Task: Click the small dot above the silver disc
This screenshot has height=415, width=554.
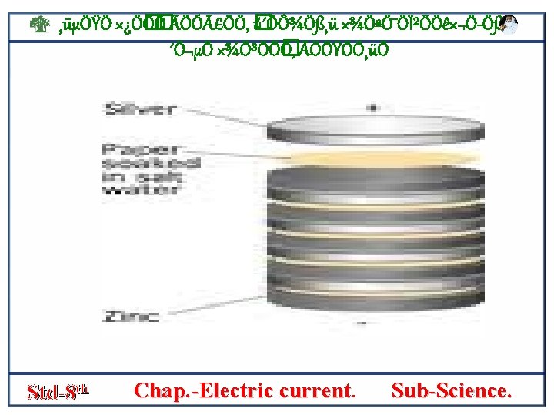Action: click(x=373, y=108)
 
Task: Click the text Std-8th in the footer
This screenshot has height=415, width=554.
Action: click(x=58, y=391)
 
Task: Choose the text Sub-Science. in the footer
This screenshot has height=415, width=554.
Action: click(x=451, y=390)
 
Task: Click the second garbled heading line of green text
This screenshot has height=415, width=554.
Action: click(x=277, y=51)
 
